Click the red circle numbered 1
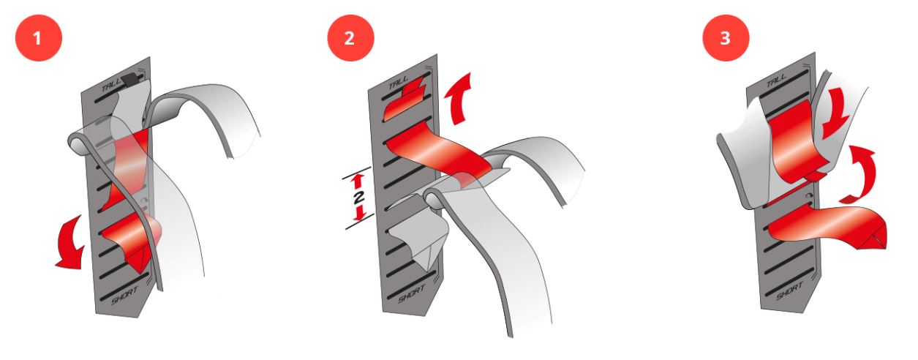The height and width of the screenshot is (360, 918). point(38,38)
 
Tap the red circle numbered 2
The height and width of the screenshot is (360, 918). point(350,38)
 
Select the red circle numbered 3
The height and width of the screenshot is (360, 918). point(726,38)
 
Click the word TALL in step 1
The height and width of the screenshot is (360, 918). point(112,85)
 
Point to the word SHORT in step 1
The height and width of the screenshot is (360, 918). point(124,295)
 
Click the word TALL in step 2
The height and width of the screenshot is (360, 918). point(399,82)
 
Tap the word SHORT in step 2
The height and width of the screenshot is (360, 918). point(412,294)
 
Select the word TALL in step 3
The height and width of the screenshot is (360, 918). point(776,80)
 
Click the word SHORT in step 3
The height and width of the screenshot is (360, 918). point(789,290)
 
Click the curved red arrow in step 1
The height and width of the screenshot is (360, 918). point(70,246)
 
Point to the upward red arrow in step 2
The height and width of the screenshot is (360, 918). point(459,98)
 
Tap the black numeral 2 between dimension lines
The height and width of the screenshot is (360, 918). point(358,198)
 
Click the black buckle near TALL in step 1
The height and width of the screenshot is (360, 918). point(131,80)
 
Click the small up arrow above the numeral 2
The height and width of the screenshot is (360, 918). point(358,181)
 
